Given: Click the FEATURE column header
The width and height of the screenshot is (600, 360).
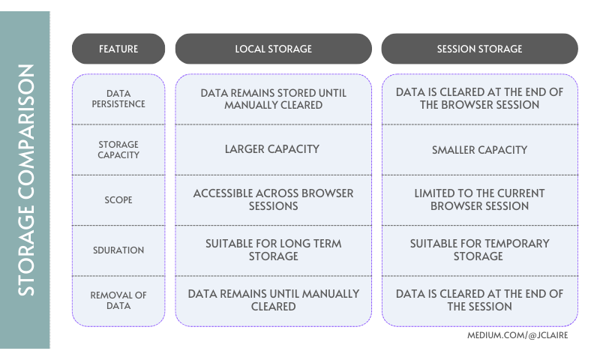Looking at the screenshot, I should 118,49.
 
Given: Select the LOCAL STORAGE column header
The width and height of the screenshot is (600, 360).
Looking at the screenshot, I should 273,49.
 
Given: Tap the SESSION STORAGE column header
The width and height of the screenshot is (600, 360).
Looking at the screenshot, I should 479,49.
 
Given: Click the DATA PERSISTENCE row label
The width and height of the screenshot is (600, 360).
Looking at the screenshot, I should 118,99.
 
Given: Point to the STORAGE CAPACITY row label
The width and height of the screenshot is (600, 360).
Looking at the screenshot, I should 118,150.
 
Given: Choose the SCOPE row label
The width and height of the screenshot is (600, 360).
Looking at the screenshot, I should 118,200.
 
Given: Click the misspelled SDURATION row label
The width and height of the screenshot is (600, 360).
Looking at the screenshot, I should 118,250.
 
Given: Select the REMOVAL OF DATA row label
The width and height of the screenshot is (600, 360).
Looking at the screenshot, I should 118,301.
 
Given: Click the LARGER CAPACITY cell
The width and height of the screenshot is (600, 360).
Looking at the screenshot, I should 273,149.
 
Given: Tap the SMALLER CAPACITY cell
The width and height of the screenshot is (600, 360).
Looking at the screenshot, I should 479,150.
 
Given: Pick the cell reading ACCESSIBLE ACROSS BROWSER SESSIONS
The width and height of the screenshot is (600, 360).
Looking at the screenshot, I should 273,199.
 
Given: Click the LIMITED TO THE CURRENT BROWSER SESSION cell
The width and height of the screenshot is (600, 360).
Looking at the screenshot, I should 479,199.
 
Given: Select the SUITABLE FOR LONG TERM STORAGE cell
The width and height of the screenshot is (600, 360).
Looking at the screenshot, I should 273,250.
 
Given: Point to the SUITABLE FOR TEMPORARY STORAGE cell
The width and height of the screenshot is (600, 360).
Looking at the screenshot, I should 479,250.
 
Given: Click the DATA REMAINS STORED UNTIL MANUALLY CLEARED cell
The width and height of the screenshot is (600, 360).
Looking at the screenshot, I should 273,99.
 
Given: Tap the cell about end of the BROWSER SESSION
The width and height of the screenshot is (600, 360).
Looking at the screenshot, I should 479,98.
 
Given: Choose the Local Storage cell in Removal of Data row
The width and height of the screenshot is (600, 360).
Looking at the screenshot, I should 273,300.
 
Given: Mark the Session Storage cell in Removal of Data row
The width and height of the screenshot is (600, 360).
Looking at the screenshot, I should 479,300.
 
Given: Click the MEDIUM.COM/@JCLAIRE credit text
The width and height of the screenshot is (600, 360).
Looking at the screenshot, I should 517,335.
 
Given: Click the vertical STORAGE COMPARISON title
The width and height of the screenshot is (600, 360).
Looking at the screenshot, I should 25,180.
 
